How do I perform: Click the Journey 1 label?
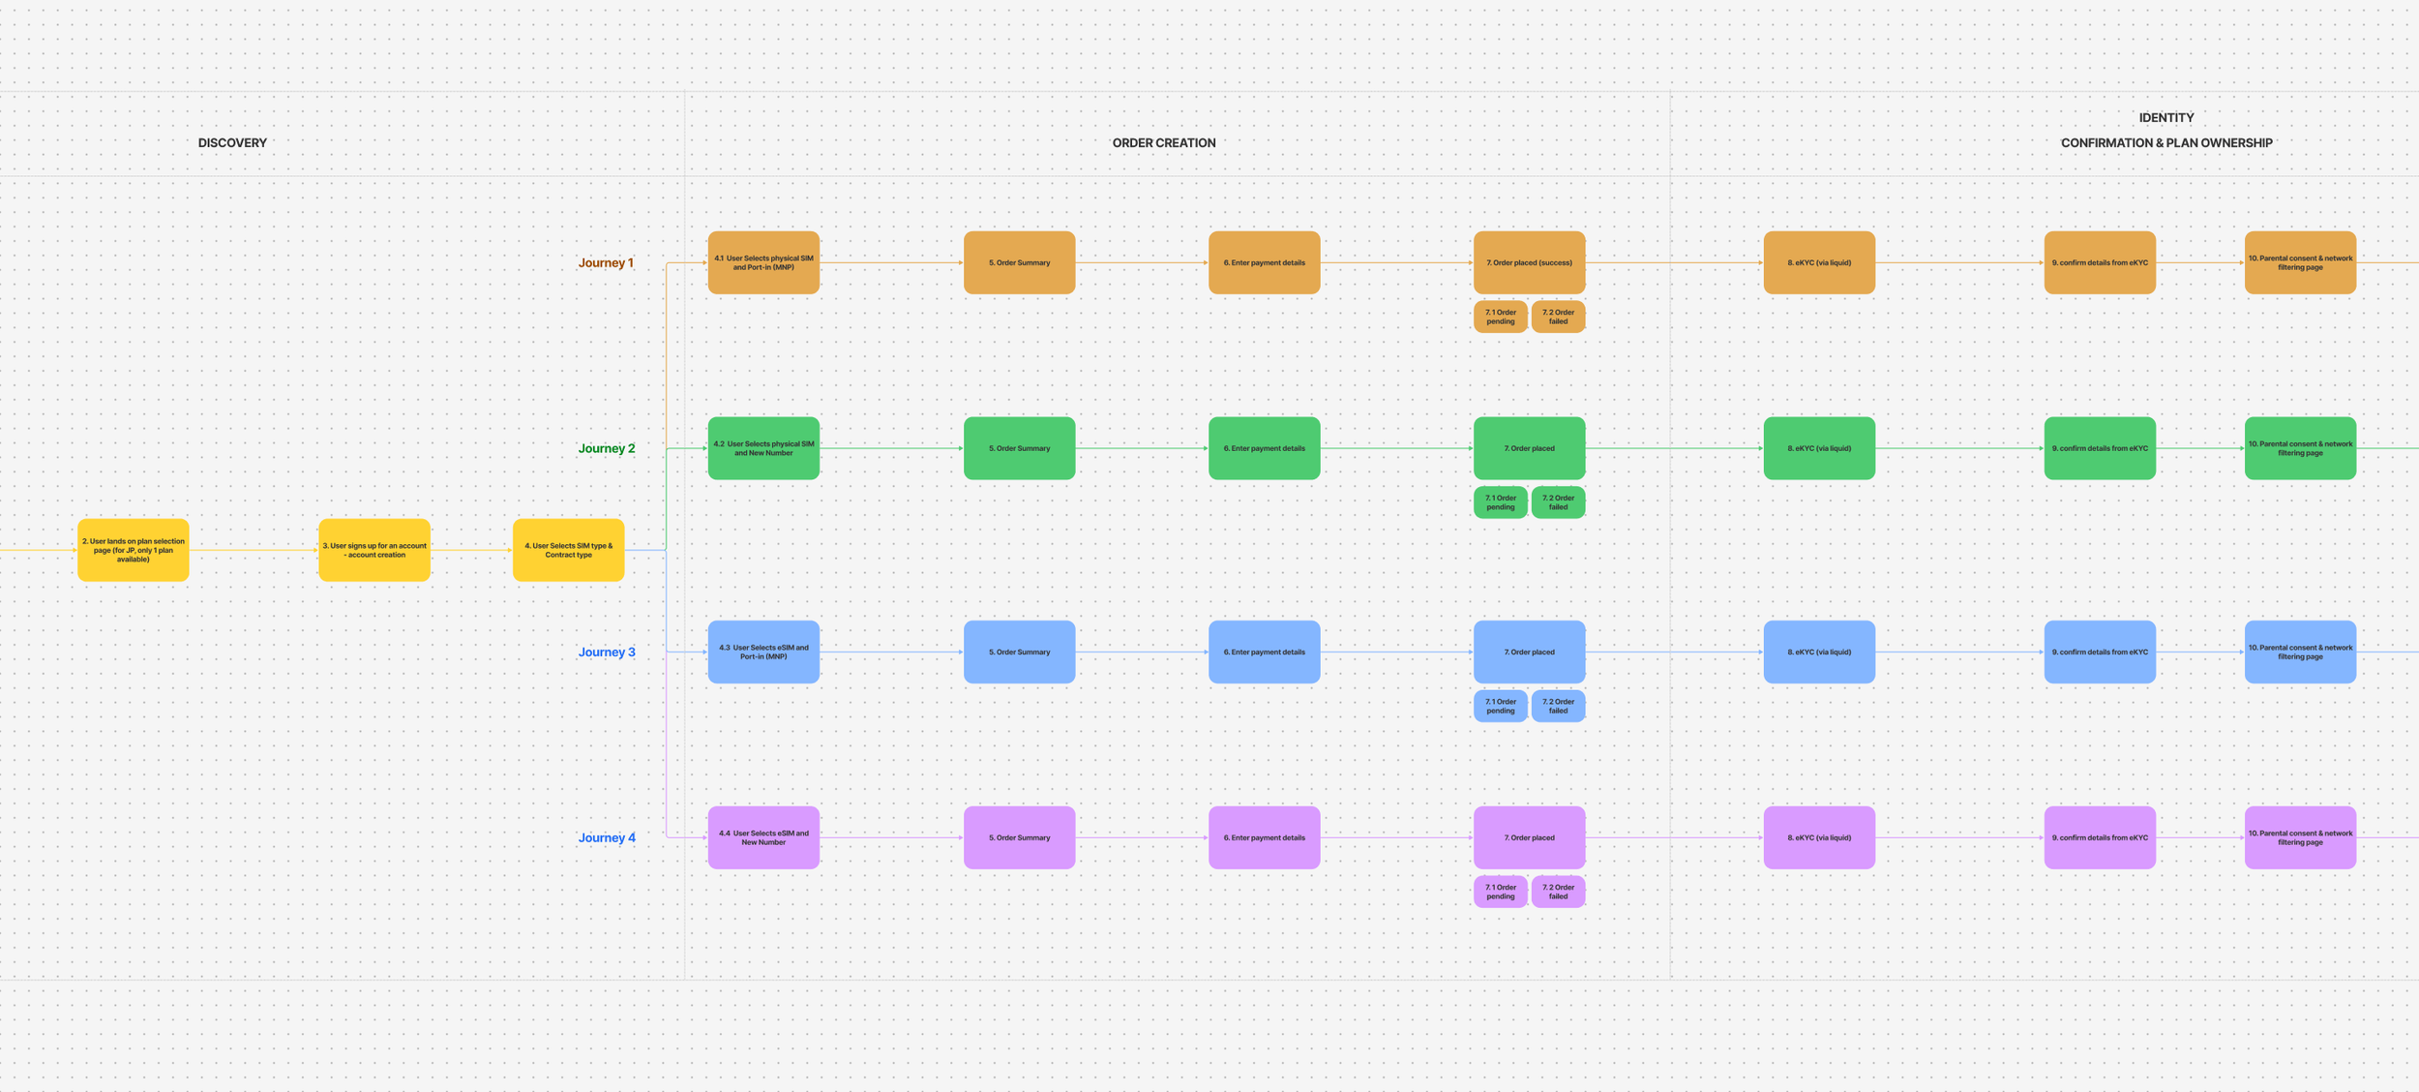point(606,262)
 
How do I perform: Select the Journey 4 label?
point(607,837)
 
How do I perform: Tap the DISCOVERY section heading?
point(232,142)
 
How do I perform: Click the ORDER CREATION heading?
point(1163,142)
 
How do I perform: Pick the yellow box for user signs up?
point(374,550)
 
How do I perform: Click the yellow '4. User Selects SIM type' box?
point(568,550)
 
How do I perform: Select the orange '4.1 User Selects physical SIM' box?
point(763,262)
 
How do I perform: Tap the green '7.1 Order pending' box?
point(1500,502)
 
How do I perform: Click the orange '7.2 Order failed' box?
point(1558,317)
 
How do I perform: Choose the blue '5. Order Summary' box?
point(1019,652)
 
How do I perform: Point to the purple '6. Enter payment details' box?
point(1264,837)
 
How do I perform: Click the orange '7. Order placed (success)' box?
point(1529,262)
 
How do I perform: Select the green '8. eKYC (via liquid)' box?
point(1819,448)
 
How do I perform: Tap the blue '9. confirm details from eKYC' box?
point(2100,652)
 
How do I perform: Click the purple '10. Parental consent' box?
point(2300,837)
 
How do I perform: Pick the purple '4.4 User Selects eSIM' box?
point(763,837)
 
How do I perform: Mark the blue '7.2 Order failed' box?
point(1558,706)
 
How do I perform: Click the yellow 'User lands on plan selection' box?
point(134,550)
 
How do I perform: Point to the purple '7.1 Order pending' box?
point(1500,892)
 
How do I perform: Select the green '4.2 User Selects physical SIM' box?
point(763,448)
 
